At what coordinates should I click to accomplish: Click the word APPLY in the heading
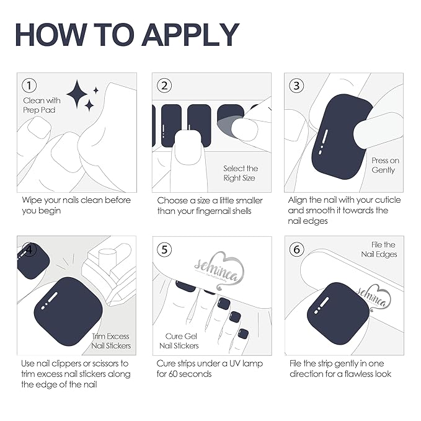pos(190,35)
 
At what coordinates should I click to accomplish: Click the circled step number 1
pos(29,86)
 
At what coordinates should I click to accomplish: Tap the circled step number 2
pos(164,86)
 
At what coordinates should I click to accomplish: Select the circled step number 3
pos(296,86)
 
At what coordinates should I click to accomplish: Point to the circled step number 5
pos(164,249)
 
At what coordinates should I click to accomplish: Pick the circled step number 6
pos(297,249)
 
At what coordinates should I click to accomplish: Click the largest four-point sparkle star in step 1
pos(77,94)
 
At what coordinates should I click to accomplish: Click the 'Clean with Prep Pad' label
pos(42,105)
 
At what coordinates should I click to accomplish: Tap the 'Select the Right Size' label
pos(241,173)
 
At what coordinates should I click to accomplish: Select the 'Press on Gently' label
pos(385,165)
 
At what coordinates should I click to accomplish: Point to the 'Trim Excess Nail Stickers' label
pos(111,341)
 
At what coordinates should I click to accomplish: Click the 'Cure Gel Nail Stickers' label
pos(179,341)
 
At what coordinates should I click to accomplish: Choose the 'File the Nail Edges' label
pos(379,249)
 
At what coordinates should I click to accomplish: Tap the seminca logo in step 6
pos(373,298)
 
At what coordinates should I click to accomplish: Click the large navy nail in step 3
pos(341,137)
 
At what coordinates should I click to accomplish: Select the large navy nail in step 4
pos(68,311)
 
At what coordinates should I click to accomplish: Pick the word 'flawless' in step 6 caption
pos(361,374)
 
